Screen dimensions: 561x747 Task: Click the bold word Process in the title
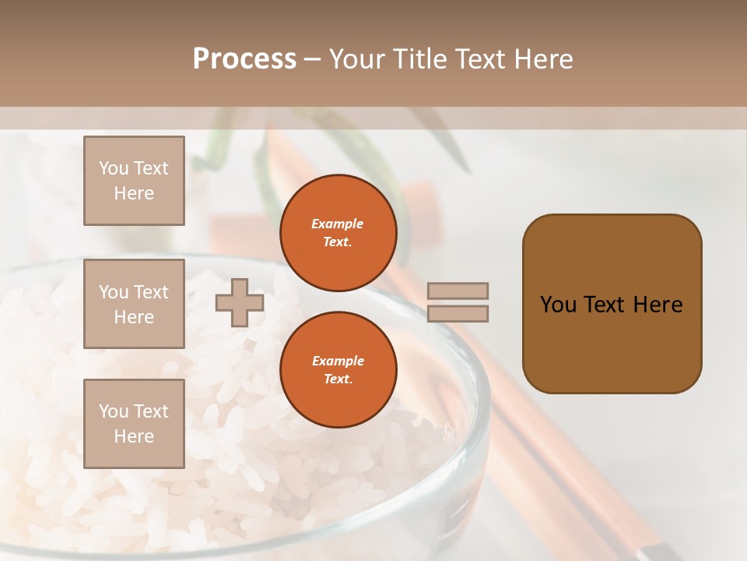click(x=244, y=59)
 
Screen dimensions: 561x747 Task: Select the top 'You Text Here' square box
click(x=134, y=181)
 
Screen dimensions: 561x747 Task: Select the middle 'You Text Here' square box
click(x=134, y=304)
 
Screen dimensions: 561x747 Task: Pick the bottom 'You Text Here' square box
click(x=134, y=424)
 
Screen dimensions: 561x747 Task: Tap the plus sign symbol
click(x=239, y=302)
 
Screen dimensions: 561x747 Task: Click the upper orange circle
click(x=338, y=232)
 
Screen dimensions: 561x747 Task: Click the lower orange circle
click(x=338, y=369)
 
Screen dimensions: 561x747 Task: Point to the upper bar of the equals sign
click(x=458, y=291)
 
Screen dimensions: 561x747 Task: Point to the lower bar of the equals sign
click(x=458, y=313)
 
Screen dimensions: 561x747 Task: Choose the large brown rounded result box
click(x=612, y=303)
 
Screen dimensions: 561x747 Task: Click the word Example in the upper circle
click(x=338, y=224)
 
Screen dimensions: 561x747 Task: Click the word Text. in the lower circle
click(x=338, y=379)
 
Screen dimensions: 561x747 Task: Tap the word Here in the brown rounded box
click(x=658, y=305)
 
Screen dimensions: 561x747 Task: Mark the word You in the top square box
click(x=113, y=168)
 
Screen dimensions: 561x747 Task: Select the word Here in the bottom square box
click(x=134, y=436)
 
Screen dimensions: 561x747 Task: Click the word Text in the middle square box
click(x=150, y=292)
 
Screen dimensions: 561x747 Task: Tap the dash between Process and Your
click(x=312, y=59)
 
